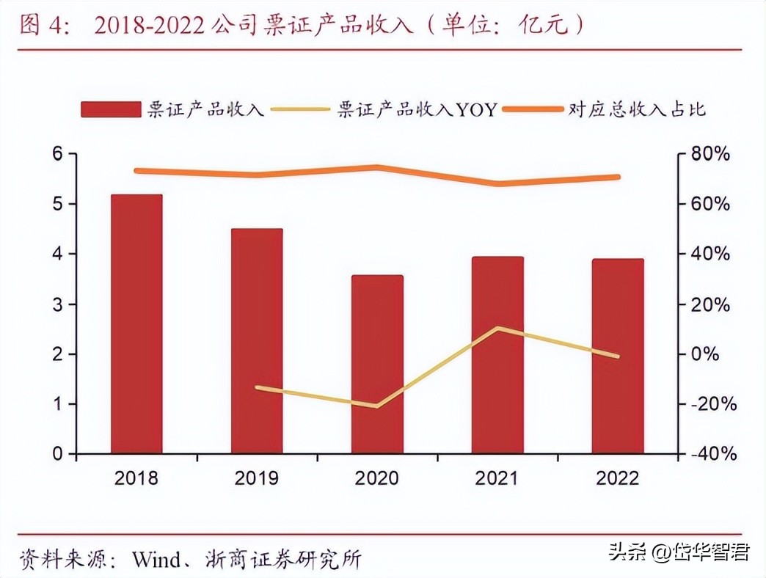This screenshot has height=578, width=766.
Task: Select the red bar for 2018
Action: (136, 323)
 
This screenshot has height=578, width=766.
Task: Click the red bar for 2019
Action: (257, 341)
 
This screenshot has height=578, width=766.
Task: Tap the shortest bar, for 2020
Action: (377, 365)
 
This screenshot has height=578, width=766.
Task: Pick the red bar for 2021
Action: (497, 355)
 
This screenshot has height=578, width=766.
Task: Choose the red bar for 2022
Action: (618, 356)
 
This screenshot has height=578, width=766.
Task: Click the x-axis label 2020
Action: (377, 478)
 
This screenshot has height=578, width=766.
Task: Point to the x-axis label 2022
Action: (618, 478)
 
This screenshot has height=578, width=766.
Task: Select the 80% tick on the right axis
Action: (711, 154)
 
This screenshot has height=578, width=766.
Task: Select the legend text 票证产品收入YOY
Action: (417, 110)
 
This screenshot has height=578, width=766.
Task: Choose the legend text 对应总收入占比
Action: (636, 110)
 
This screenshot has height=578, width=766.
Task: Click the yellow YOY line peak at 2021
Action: (497, 328)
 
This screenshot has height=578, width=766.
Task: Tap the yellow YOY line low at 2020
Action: (377, 406)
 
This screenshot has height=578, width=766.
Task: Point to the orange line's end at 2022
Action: (618, 177)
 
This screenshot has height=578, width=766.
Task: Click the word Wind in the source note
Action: (156, 560)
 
